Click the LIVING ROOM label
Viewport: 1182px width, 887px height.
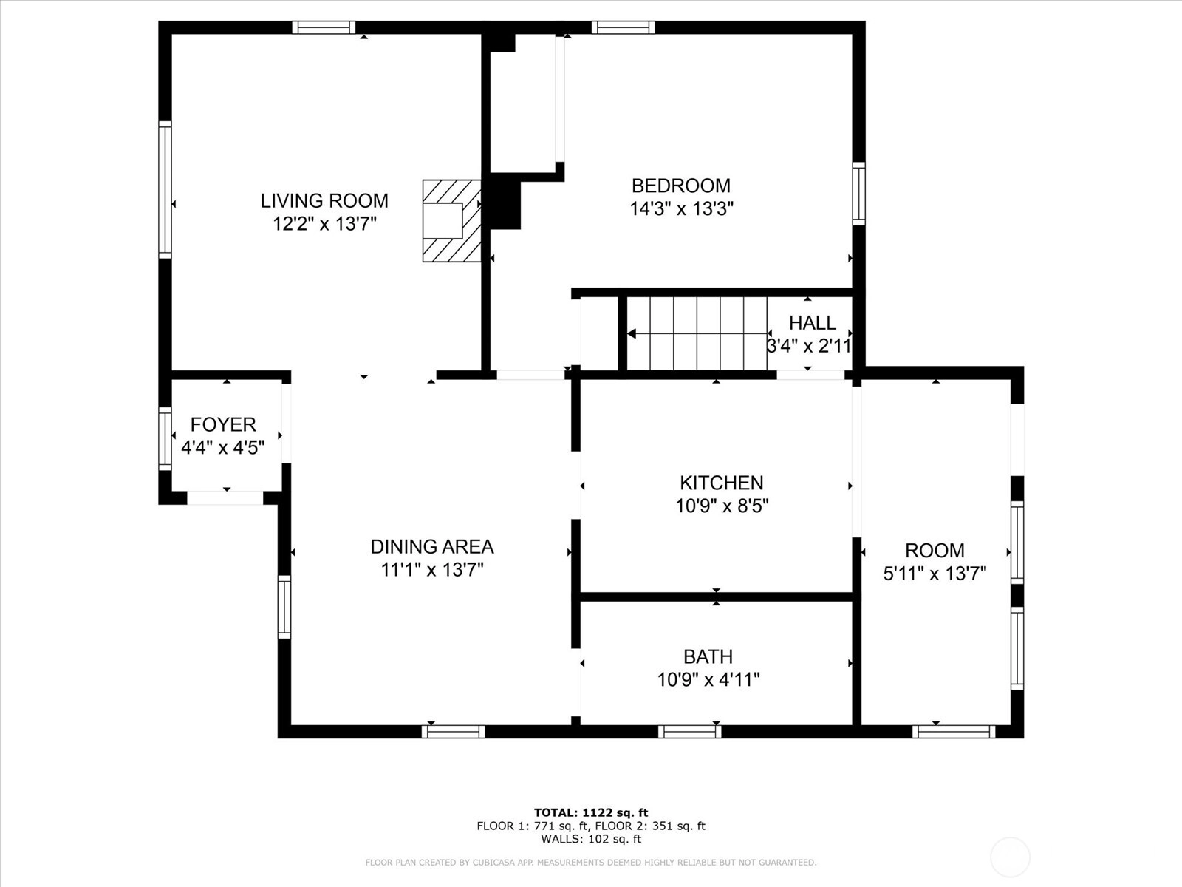pos(324,201)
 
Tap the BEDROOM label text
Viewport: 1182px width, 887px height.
pos(681,186)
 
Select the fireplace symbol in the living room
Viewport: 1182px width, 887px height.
pos(451,221)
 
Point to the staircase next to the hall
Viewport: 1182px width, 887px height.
pos(697,333)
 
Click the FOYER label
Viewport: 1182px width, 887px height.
pos(223,425)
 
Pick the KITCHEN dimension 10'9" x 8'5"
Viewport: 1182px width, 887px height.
pos(722,506)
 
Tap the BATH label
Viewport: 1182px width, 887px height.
pos(708,657)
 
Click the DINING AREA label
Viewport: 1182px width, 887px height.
pos(432,547)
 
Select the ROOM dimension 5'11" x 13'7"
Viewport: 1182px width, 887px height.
pos(935,574)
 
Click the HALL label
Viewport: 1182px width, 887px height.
pos(813,323)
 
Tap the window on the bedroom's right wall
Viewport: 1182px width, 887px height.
pos(859,194)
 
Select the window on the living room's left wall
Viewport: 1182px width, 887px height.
pos(165,189)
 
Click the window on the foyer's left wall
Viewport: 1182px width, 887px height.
pos(165,438)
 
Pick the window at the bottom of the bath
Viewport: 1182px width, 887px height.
pos(689,731)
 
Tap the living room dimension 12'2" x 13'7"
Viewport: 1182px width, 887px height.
pos(324,223)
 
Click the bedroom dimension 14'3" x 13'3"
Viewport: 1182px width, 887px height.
pos(682,208)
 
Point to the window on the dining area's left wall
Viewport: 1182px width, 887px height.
pos(284,607)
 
